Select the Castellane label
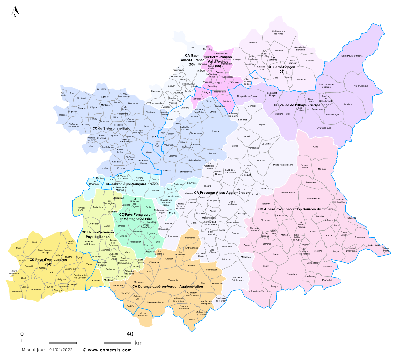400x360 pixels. click(x=292, y=274)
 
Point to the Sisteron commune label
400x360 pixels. click(x=167, y=170)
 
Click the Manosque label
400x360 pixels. click(x=139, y=282)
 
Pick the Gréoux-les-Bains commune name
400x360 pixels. click(x=155, y=302)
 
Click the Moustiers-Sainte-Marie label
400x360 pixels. click(x=238, y=279)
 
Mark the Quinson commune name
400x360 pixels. click(x=192, y=319)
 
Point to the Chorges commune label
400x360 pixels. click(x=237, y=60)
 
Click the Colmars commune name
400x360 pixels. click(x=322, y=169)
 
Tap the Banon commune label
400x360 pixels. click(x=107, y=226)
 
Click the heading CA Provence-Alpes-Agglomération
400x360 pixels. click(x=222, y=193)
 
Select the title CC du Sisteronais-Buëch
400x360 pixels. click(x=112, y=128)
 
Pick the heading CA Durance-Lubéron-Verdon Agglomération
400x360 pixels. click(x=167, y=286)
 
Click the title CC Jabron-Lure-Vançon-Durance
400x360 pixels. click(x=132, y=184)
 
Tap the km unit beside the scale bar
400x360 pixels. click(x=138, y=343)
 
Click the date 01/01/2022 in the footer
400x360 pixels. click(x=61, y=350)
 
